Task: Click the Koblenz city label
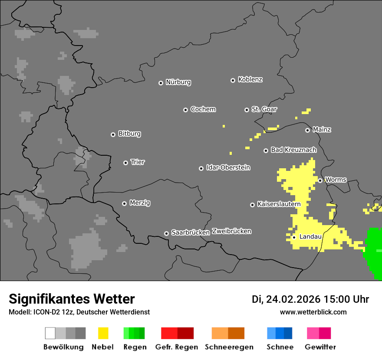point(250,79)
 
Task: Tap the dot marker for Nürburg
point(161,82)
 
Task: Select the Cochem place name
point(203,109)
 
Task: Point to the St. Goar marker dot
point(247,110)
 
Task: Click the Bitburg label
point(129,134)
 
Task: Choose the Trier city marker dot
point(125,163)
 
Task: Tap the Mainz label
point(322,129)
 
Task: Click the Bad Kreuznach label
point(293,150)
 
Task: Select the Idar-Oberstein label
point(228,167)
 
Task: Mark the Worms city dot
point(320,180)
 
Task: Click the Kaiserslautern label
point(279,204)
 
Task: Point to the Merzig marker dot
point(124,203)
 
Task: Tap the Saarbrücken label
point(190,232)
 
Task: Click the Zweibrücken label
point(231,231)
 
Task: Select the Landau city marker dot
point(294,237)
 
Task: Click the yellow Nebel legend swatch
point(103,333)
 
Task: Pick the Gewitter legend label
point(320,347)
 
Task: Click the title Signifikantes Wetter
point(72,299)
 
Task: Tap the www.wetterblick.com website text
point(313,312)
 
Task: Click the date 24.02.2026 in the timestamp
point(293,299)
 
